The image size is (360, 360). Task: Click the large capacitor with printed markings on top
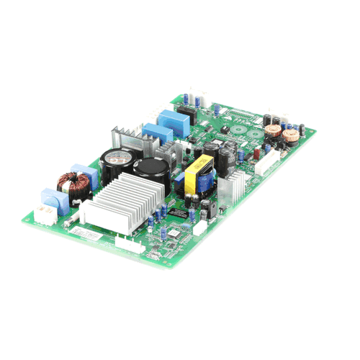tap(117, 163)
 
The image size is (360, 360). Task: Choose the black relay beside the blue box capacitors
tap(186, 117)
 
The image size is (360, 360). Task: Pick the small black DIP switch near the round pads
tap(224, 130)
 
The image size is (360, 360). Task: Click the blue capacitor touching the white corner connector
tap(51, 197)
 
